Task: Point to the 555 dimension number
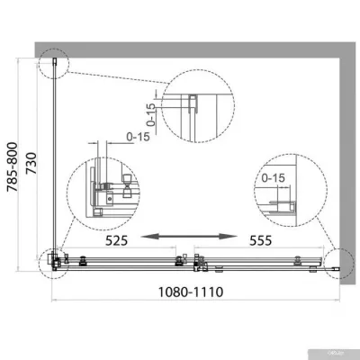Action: pyautogui.click(x=255, y=242)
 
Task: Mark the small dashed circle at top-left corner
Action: pyautogui.click(x=55, y=62)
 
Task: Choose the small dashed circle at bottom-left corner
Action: pyautogui.click(x=55, y=262)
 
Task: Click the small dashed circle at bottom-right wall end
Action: pyautogui.click(x=341, y=262)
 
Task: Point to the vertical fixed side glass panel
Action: pyautogui.click(x=56, y=162)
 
